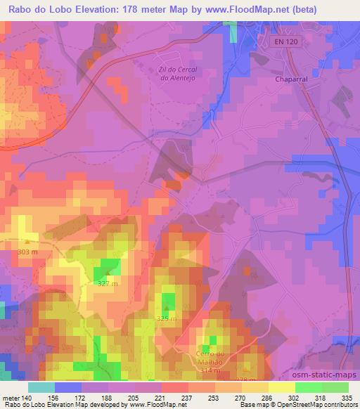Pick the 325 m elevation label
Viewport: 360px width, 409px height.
point(167,320)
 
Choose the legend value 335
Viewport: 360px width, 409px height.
point(347,398)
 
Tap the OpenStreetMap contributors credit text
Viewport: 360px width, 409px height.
point(316,405)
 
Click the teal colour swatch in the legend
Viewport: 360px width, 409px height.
point(41,387)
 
